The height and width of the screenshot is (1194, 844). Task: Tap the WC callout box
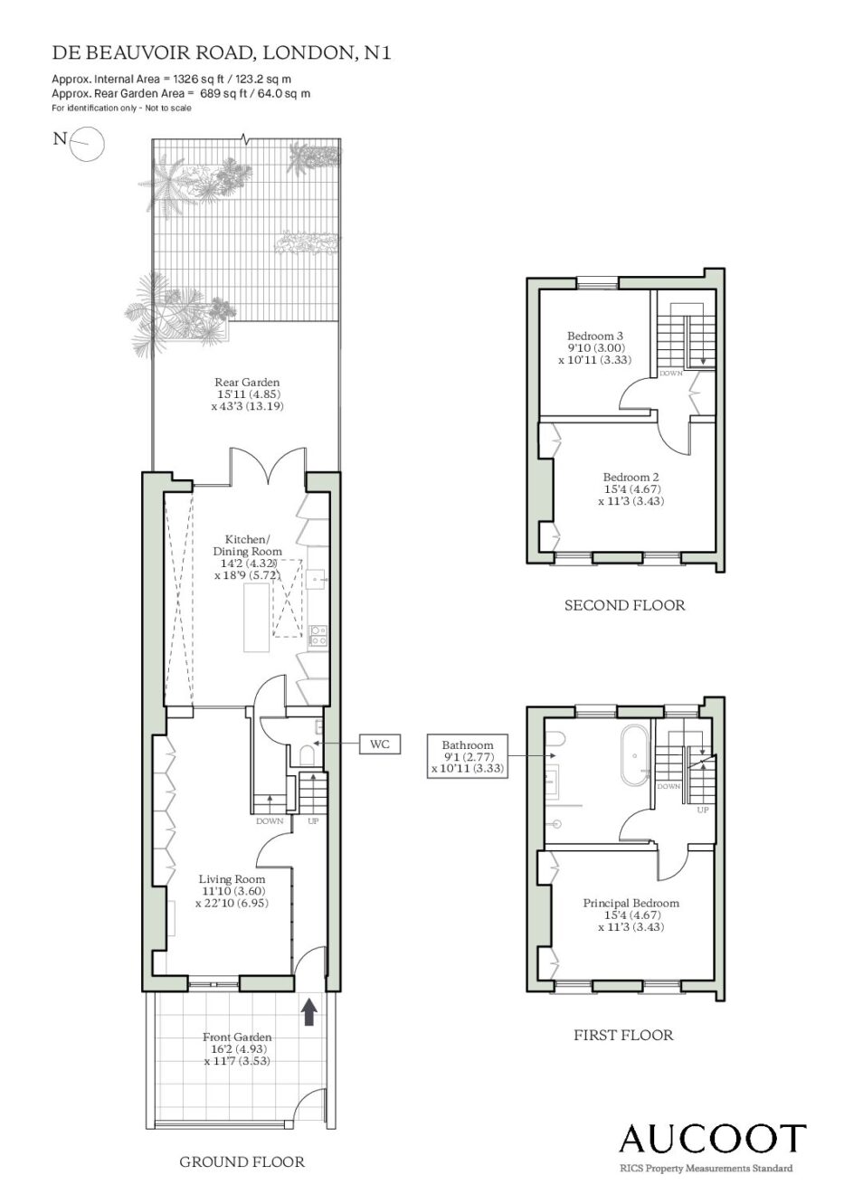[x=380, y=744]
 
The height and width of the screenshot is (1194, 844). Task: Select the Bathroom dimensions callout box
[x=468, y=756]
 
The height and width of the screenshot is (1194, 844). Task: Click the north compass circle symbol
[x=89, y=144]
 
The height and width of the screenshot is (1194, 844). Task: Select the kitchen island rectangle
[x=257, y=618]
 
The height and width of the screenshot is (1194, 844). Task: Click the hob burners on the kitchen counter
[x=318, y=635]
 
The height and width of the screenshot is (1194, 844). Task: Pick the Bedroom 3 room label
[x=595, y=347]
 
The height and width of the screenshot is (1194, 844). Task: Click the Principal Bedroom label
[x=631, y=914]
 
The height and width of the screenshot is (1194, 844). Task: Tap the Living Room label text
[x=232, y=879]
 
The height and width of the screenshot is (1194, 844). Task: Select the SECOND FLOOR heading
[x=625, y=605]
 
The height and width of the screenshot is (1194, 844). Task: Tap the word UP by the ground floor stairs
[x=313, y=821]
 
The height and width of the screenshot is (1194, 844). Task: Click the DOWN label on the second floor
[x=670, y=373]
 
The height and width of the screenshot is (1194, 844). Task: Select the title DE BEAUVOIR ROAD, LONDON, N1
[x=222, y=53]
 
